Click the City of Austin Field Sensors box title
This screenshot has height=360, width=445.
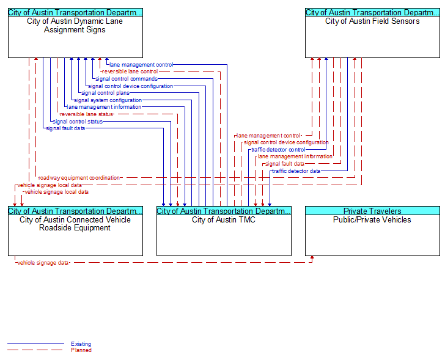pos(372,21)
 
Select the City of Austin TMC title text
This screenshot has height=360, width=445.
pos(224,220)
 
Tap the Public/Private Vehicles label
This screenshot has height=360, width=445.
pos(372,220)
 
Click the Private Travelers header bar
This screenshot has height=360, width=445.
pos(372,211)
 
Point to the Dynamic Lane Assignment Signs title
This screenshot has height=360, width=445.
pos(75,26)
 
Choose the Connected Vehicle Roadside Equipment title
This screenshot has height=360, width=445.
pos(75,224)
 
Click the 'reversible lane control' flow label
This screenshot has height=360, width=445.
pos(130,72)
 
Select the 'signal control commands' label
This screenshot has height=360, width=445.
pos(127,79)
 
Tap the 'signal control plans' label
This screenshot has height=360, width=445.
pos(105,93)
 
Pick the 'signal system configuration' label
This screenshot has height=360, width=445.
pos(108,100)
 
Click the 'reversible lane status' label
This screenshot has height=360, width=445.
pos(86,114)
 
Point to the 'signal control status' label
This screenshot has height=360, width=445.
pos(78,122)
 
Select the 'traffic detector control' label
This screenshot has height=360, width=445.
pos(278,150)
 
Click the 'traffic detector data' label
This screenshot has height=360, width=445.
pos(296,171)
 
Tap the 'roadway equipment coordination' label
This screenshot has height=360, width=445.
pos(79,178)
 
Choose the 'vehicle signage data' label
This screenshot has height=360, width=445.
pos(43,263)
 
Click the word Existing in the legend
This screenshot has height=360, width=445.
pos(81,344)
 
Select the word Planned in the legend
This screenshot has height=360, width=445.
pos(81,350)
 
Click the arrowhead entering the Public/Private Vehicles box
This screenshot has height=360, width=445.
pos(312,257)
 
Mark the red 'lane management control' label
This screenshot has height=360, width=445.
pos(268,136)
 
